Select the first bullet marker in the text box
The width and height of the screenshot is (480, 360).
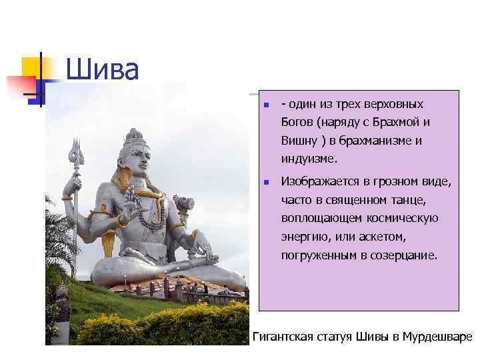pos(265,105)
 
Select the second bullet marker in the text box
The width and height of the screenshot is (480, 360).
pos(265,182)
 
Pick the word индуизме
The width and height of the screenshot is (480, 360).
pos(309,159)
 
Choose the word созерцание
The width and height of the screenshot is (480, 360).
pos(405,255)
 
